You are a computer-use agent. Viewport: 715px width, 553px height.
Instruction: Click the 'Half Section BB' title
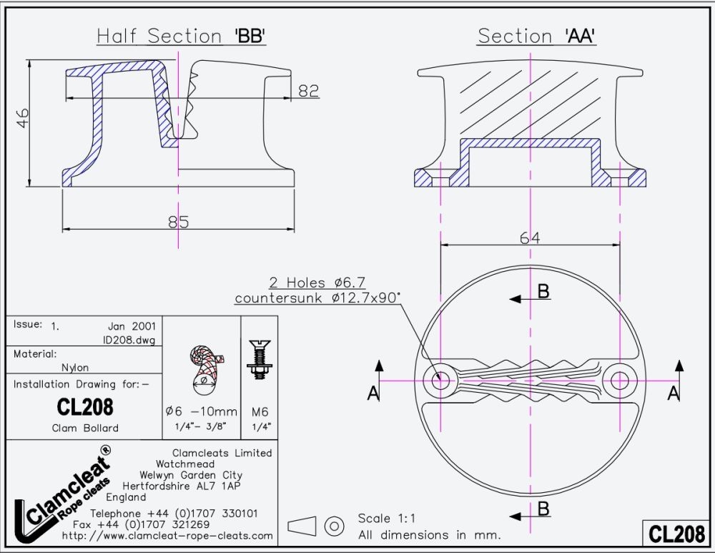point(182,36)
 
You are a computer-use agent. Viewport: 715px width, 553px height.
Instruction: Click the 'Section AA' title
point(537,36)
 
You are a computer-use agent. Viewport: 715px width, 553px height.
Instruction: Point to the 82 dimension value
point(308,91)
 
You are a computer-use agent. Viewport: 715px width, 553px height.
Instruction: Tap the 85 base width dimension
point(178,222)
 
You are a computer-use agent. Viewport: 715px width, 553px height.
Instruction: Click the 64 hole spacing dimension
point(530,238)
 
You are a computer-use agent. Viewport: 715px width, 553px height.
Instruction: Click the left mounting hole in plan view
point(441,380)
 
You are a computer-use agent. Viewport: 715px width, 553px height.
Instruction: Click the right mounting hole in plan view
point(619,380)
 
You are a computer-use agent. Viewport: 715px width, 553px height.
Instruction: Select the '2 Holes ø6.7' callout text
point(317,283)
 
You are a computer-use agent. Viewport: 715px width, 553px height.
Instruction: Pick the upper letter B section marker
point(543,290)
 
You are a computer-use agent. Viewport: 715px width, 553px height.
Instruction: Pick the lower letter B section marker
point(543,509)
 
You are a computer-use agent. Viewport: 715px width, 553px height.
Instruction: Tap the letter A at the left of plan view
point(372,392)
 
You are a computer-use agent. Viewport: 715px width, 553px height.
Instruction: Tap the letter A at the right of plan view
point(672,392)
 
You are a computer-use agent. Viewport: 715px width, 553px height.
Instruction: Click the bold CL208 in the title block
point(84,407)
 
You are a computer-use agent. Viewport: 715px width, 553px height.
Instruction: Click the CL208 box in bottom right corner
point(676,534)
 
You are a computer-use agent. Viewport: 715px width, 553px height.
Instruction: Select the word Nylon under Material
point(75,368)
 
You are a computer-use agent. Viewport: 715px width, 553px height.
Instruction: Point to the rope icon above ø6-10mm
point(205,366)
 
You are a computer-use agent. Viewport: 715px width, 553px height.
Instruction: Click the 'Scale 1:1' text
point(386,519)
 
